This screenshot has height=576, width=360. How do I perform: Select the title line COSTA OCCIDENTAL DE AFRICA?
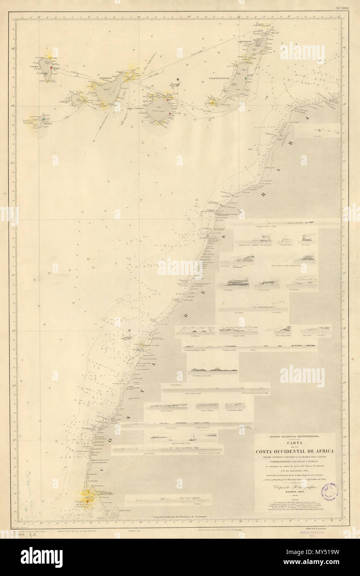coord(295,450)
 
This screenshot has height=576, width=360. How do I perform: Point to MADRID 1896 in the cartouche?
coord(295,494)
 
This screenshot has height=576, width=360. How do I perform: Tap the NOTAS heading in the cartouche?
coord(295,500)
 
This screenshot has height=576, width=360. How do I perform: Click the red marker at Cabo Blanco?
coord(87,501)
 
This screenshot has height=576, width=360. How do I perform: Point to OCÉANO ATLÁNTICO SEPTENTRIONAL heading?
coord(295,436)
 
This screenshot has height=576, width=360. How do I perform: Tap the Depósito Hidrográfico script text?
coord(295,488)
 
